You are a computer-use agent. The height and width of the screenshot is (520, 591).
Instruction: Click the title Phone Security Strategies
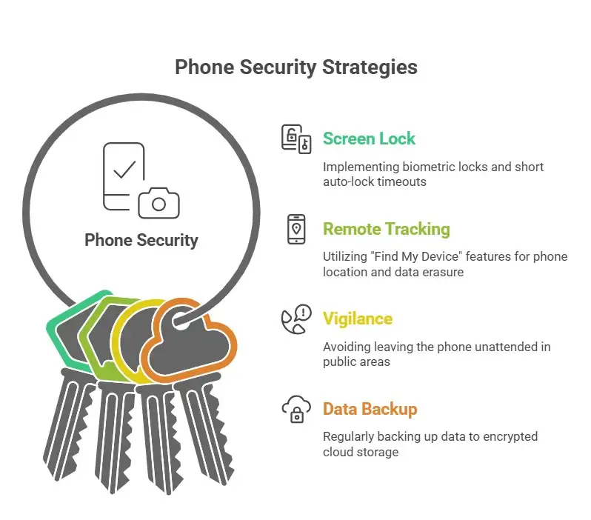[x=295, y=67]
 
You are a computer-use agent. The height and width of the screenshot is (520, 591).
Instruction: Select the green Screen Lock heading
[x=369, y=139]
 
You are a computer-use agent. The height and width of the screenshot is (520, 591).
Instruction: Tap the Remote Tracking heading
[x=386, y=229]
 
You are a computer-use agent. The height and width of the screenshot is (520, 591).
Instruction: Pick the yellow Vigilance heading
[x=358, y=319]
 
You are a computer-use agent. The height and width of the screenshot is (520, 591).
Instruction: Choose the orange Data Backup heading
[x=370, y=409]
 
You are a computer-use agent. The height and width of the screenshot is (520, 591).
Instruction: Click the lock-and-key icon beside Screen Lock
[x=295, y=139]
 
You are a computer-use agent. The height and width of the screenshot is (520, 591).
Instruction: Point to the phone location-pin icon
[x=295, y=229]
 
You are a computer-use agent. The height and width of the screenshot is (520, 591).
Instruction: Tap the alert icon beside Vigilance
[x=295, y=319]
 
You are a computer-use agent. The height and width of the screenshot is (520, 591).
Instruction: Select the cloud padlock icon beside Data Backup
[x=295, y=409]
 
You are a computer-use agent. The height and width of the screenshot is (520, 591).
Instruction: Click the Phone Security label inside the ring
[x=141, y=240]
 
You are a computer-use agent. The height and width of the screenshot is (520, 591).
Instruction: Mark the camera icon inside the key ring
[x=157, y=201]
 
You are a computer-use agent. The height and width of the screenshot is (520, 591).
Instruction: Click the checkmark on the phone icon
[x=124, y=169]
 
